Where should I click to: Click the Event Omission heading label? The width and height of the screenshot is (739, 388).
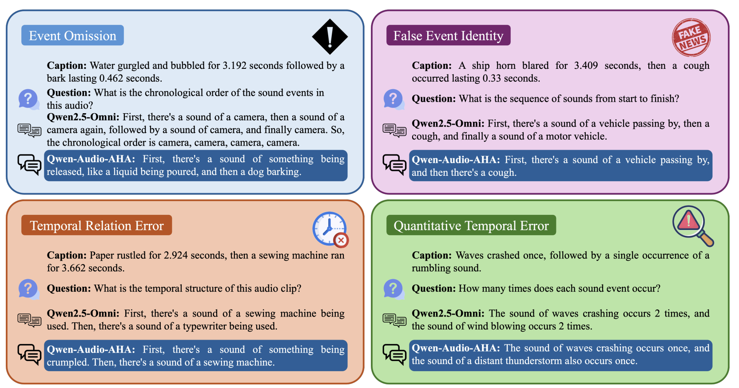[72, 35]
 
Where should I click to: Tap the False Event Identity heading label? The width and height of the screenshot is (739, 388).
[449, 35]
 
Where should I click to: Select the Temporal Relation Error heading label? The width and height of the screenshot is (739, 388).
[97, 225]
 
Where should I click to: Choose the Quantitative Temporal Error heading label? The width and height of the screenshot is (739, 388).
[471, 225]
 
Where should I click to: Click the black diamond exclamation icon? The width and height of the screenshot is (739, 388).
[330, 36]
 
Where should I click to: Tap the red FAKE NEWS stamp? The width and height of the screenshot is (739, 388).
[691, 37]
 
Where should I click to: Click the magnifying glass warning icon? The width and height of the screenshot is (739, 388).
[693, 226]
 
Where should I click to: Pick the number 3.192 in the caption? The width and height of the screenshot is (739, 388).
[234, 65]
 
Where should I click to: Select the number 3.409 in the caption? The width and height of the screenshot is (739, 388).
[586, 65]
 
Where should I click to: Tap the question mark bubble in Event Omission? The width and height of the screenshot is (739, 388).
[29, 99]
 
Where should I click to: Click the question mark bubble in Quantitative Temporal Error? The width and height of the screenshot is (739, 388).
[394, 289]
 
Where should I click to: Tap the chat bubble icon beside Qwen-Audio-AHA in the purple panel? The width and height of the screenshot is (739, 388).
[394, 165]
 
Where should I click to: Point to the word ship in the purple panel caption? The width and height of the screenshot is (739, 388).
[481, 66]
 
